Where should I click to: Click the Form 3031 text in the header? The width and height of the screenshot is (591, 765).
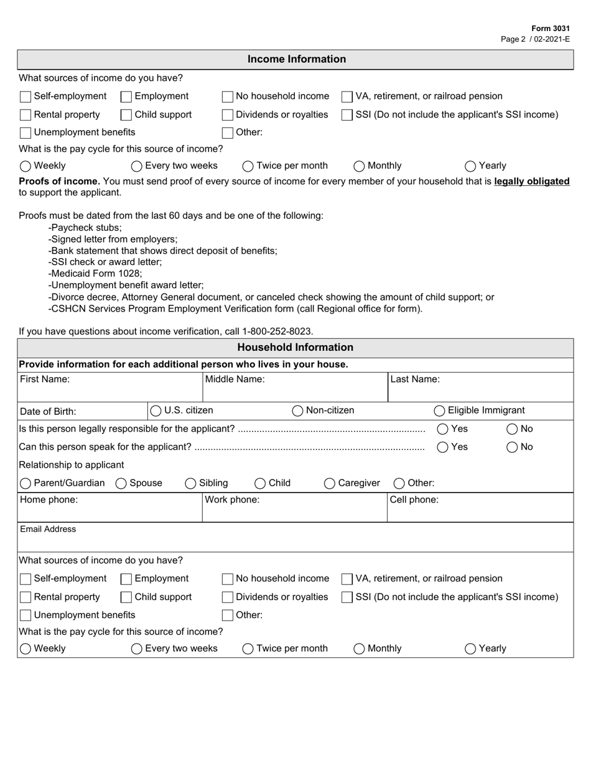click(551, 29)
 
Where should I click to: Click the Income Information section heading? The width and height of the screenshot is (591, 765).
click(296, 59)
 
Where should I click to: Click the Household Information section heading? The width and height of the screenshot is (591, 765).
click(295, 348)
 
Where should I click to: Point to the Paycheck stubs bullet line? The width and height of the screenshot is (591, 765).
click(86, 228)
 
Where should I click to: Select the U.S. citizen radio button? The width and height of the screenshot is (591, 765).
click(156, 410)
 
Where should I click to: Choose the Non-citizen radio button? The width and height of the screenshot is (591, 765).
click(298, 410)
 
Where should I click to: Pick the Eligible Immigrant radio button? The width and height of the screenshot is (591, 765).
click(439, 410)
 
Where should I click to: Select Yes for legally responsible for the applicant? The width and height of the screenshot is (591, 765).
click(443, 429)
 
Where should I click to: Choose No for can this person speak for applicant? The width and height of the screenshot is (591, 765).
click(512, 447)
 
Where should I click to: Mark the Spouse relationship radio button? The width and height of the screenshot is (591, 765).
click(121, 483)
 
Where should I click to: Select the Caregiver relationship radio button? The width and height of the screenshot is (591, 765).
click(330, 483)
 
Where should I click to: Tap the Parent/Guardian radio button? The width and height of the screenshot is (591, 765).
click(26, 483)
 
